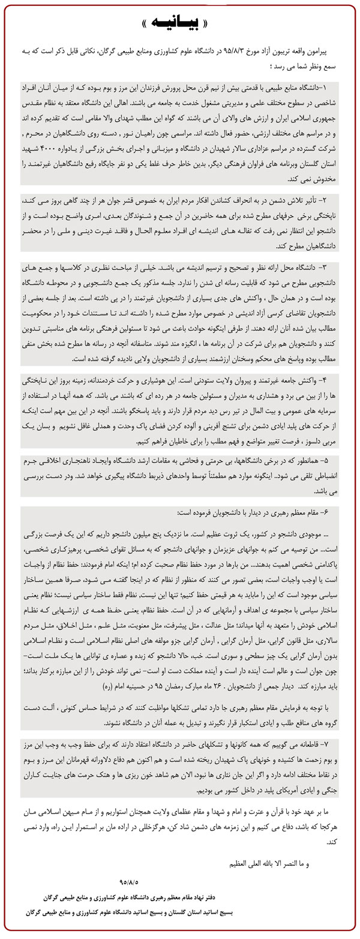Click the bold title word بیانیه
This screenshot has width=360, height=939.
click(179, 24)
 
